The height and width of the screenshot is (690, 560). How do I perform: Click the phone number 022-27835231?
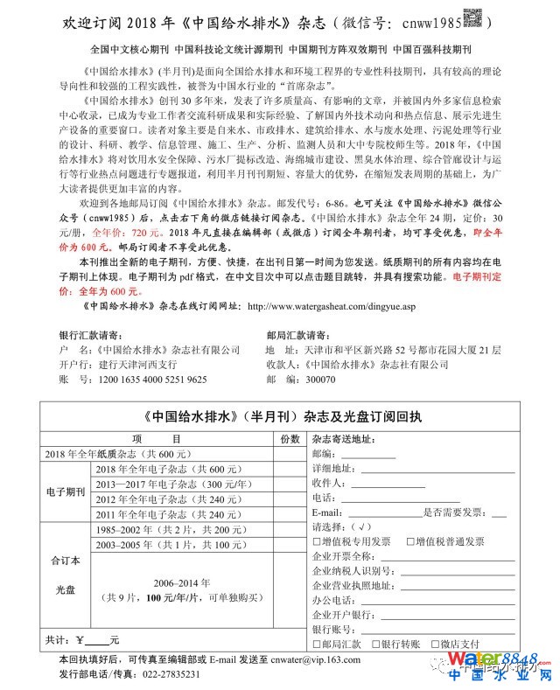(165, 675)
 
